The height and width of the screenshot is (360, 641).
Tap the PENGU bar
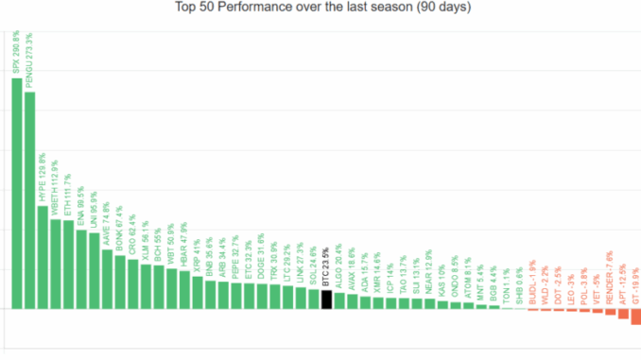29,199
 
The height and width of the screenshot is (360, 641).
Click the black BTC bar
326,299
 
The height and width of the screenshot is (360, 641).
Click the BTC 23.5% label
326,267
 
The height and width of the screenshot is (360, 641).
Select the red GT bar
635,317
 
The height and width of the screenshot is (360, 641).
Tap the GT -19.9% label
635,283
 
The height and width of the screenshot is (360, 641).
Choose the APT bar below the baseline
622,314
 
